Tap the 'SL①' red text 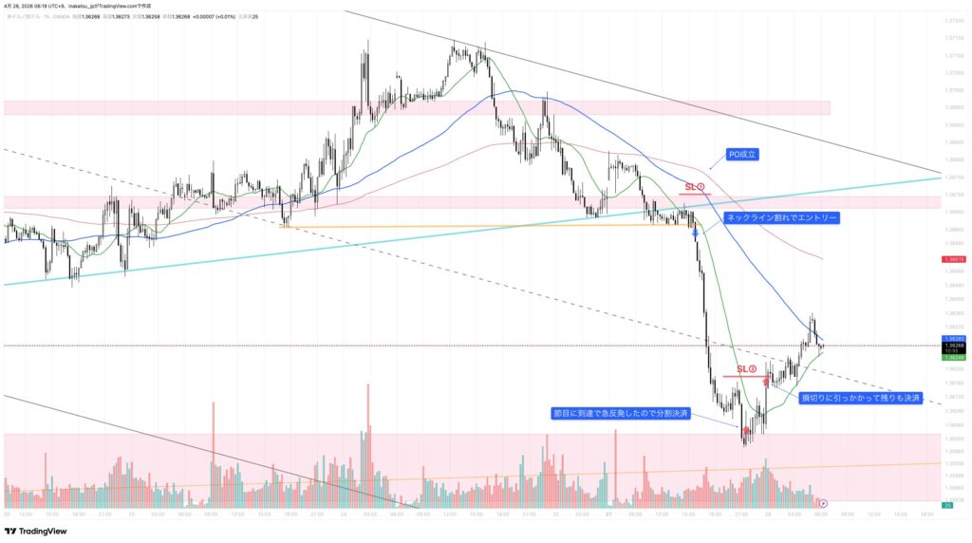[694, 187]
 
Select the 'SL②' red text [746, 368]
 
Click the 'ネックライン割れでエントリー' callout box [780, 217]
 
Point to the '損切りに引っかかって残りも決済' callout [861, 398]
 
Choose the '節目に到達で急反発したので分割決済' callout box [621, 414]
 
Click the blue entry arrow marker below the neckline [696, 232]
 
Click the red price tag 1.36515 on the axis [954, 259]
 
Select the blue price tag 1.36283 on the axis [954, 338]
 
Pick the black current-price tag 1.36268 [954, 346]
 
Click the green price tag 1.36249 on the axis [954, 358]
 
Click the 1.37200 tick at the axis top [954, 21]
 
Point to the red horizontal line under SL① [694, 194]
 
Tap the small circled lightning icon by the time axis [823, 502]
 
